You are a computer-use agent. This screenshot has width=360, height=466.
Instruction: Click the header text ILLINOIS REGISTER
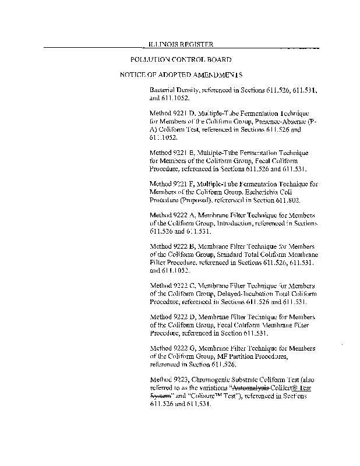click(x=181, y=44)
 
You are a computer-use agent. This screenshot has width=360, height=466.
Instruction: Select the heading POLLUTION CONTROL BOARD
click(x=181, y=60)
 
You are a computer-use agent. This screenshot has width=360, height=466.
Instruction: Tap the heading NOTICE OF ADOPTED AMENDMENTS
click(x=181, y=76)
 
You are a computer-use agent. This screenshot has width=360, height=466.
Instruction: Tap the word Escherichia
click(x=274, y=192)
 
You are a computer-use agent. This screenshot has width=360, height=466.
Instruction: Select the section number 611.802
click(x=288, y=200)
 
